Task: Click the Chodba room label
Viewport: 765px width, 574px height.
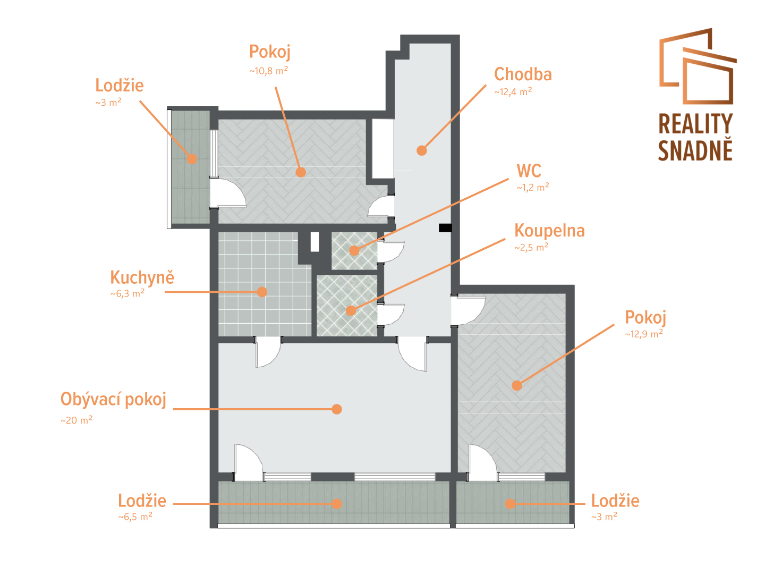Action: pos(522,74)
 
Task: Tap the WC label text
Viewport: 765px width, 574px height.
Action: pos(529,171)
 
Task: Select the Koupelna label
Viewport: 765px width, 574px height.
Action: pos(549,231)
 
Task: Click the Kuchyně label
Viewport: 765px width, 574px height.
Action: pos(142,277)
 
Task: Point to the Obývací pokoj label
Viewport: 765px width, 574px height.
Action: pos(113,399)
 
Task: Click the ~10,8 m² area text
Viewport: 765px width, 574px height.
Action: pos(268,71)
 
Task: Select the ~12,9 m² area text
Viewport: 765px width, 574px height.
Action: pos(644,334)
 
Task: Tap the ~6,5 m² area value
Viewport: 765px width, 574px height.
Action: pos(135,517)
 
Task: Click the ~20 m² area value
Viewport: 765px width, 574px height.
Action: pos(76,420)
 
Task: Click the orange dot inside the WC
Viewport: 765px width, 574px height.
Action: pos(354,250)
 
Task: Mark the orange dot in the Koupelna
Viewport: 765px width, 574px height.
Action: pos(351,310)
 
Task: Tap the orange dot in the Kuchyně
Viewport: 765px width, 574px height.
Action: pos(262,292)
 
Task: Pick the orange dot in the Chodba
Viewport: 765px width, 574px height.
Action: pos(422,150)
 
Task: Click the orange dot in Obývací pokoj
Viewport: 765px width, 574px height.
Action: pos(337,409)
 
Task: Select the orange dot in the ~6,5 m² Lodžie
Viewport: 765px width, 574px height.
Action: pos(337,504)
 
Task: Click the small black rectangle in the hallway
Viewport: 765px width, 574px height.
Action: pos(445,228)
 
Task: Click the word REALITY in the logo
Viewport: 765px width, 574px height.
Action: pos(695,124)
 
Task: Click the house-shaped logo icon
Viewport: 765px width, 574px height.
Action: pos(698,66)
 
